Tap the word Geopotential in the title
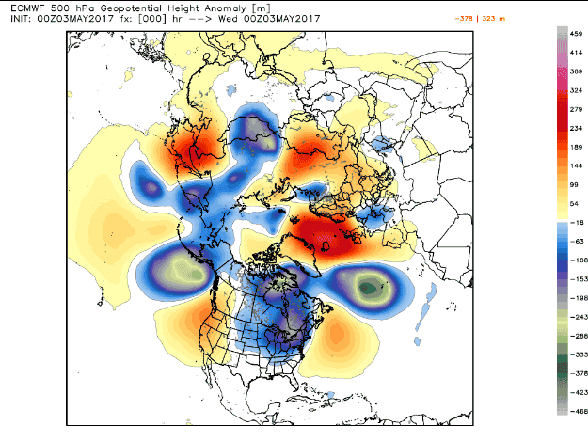(x=118, y=8)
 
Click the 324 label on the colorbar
(x=571, y=90)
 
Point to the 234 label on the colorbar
(x=571, y=131)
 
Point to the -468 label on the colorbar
(x=571, y=412)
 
